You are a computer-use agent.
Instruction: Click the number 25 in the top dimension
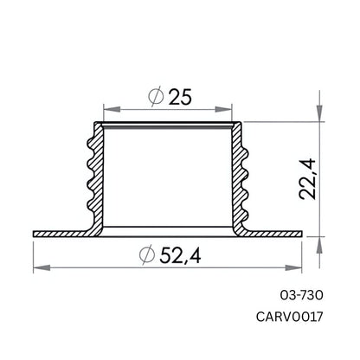(x=180, y=98)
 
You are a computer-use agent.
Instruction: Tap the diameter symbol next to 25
(x=157, y=99)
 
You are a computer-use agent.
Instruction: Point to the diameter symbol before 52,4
(x=147, y=257)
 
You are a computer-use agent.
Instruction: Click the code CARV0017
(x=291, y=317)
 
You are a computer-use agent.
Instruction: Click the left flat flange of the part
(x=59, y=234)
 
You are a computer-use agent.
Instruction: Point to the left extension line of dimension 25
(x=104, y=114)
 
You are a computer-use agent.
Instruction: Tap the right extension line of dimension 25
(x=234, y=114)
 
